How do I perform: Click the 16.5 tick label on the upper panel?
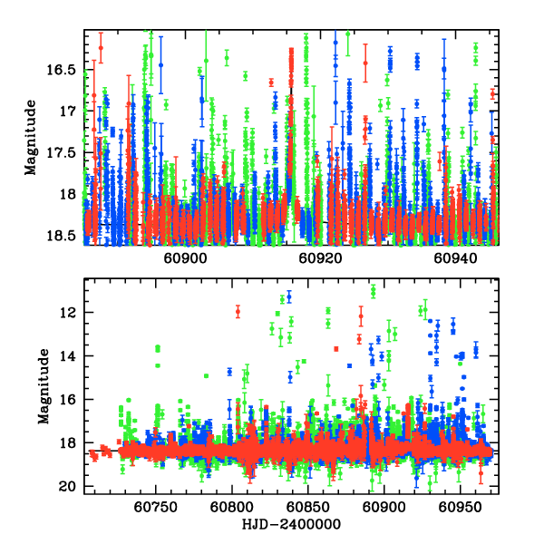click(x=65, y=69)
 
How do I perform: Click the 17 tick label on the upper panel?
click(x=69, y=111)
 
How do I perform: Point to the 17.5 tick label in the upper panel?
click(x=65, y=152)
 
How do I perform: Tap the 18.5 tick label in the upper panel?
click(x=65, y=236)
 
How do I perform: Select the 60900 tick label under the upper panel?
click(x=185, y=258)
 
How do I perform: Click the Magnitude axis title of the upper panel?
click(x=30, y=137)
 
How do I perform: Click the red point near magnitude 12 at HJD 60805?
click(x=238, y=312)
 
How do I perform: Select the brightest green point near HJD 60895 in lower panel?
click(x=373, y=290)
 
